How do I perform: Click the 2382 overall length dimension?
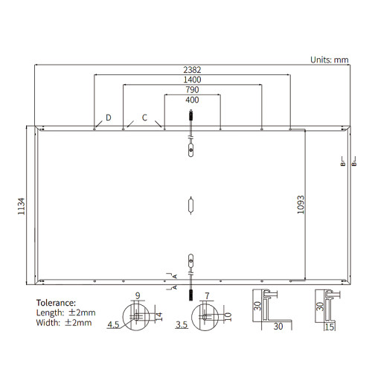click(192, 70)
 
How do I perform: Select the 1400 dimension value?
click(192, 80)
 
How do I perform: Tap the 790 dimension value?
click(192, 89)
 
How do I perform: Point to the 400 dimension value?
click(192, 100)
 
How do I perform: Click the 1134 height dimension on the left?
click(22, 206)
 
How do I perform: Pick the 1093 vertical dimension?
click(301, 205)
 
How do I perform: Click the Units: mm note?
click(330, 60)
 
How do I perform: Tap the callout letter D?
click(109, 118)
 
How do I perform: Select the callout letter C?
click(144, 118)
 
